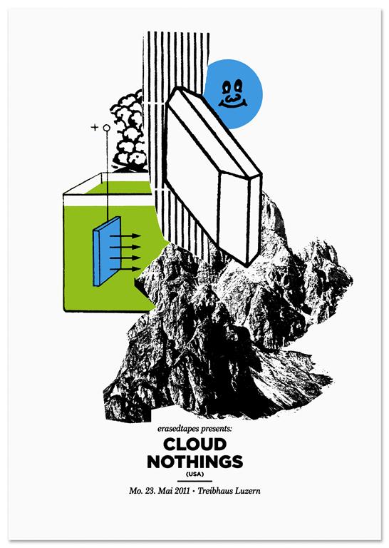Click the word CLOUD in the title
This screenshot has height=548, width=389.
(x=194, y=445)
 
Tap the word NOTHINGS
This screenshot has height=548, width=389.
(x=194, y=462)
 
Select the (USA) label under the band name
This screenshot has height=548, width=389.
(x=194, y=475)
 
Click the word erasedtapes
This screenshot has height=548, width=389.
(x=175, y=428)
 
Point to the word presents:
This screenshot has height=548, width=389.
(x=214, y=429)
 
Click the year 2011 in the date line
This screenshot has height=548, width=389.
(x=182, y=491)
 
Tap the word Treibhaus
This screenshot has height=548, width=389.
(x=215, y=491)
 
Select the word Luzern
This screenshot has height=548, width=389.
(x=247, y=491)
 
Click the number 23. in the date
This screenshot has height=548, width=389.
(x=150, y=491)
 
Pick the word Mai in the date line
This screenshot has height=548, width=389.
(x=166, y=491)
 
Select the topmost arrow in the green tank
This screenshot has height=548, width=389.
(x=125, y=236)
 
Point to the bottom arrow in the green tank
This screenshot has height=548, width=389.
(x=125, y=269)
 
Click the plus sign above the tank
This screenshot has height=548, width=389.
(x=94, y=127)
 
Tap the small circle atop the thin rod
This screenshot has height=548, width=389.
(x=107, y=128)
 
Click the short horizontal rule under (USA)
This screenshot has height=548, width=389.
(x=194, y=482)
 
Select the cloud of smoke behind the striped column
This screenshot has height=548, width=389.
(x=128, y=131)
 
